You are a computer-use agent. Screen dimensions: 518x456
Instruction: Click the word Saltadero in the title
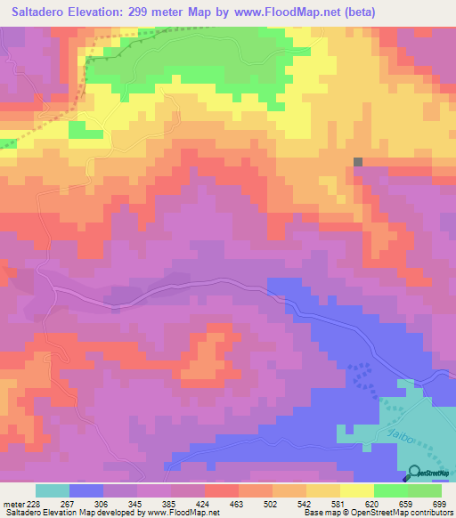point(45,12)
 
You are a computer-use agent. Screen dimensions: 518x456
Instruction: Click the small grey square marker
point(358,162)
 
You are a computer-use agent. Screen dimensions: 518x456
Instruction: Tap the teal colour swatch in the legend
point(53,490)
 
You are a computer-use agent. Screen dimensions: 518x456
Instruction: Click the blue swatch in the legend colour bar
point(86,490)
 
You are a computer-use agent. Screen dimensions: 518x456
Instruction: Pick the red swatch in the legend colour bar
point(222,490)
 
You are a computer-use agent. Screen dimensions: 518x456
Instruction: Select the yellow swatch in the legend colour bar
point(357,490)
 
